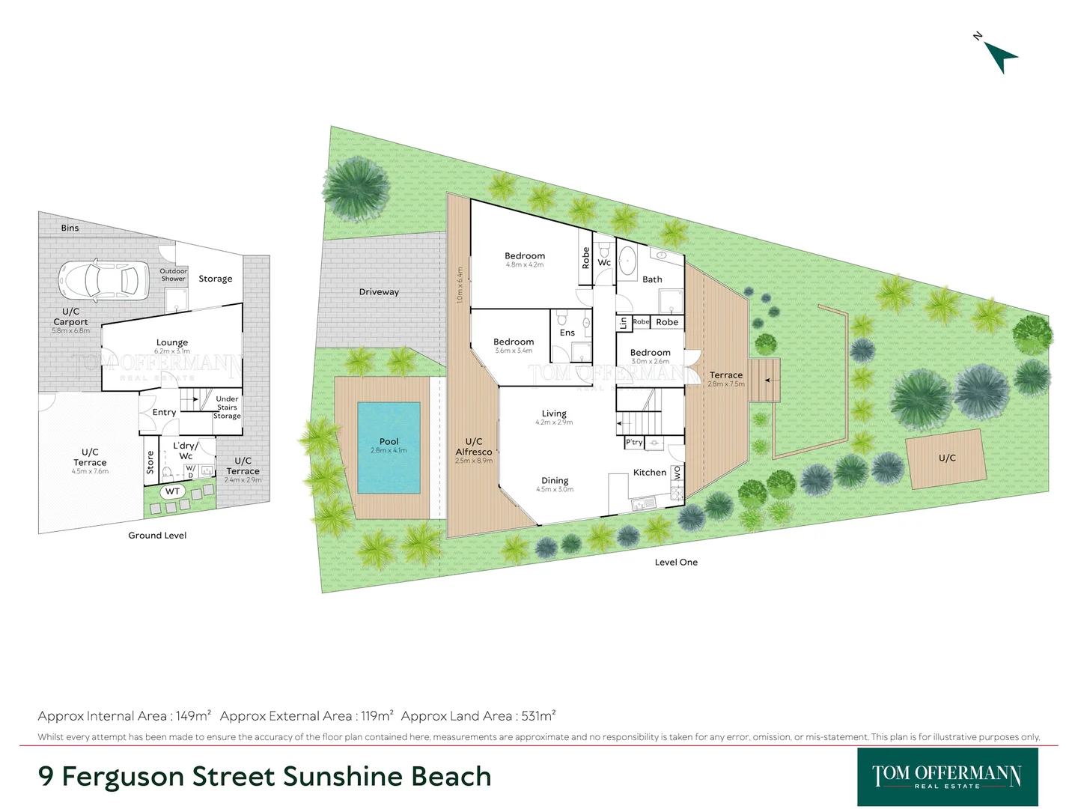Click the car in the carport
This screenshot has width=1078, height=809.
click(x=99, y=280)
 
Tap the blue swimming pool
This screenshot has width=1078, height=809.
click(x=389, y=447)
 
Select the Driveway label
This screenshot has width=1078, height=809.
click(x=379, y=292)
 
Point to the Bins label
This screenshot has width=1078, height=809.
click(x=70, y=228)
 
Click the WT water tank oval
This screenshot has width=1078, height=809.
click(x=173, y=491)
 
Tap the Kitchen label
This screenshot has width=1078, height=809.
click(x=649, y=473)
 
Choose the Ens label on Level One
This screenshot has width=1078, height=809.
click(x=567, y=333)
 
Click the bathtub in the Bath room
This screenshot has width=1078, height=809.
click(x=627, y=260)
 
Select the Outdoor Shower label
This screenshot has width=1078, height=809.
click(x=173, y=275)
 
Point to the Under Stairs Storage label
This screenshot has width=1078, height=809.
click(x=227, y=407)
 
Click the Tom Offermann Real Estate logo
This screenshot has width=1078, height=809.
click(x=947, y=777)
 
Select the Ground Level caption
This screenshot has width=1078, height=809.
click(x=157, y=536)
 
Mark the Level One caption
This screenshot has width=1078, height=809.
click(x=676, y=563)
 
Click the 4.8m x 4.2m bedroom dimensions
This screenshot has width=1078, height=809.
click(x=525, y=265)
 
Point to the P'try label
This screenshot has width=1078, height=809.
click(x=634, y=442)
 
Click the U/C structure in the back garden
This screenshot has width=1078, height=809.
click(x=946, y=458)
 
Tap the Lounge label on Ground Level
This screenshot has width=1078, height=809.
click(x=172, y=342)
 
